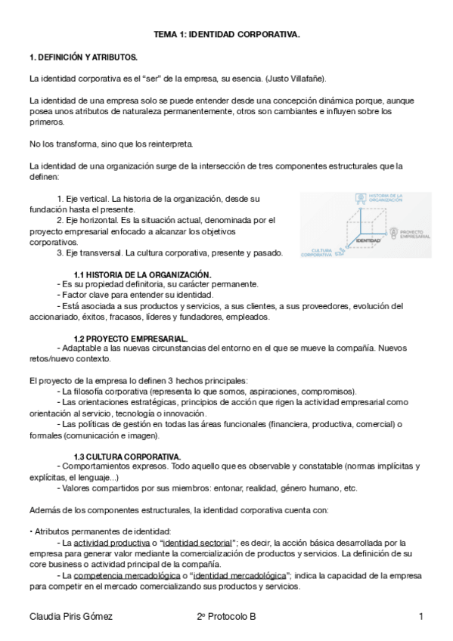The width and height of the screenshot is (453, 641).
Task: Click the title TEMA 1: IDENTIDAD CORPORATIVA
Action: click(227, 34)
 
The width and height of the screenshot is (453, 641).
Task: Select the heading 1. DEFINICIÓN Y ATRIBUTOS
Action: click(82, 57)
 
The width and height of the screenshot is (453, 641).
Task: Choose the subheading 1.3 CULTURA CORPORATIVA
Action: click(127, 456)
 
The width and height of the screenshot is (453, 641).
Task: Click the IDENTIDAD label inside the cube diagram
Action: click(368, 240)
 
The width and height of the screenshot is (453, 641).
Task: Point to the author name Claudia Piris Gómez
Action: click(70, 617)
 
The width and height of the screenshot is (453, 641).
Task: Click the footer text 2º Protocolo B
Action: click(225, 617)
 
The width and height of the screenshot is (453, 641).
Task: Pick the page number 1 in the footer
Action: click(420, 617)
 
